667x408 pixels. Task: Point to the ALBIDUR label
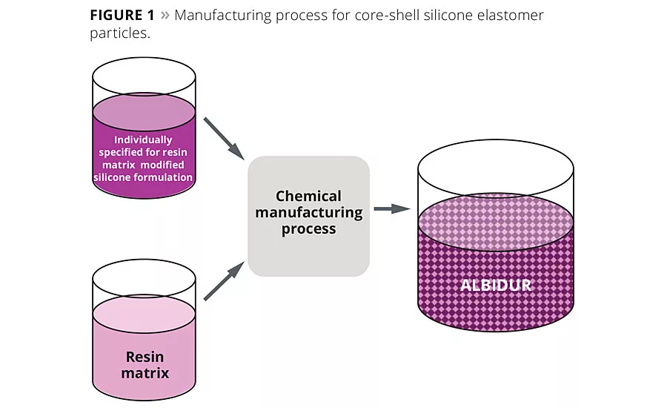point(496,285)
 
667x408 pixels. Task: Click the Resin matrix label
point(144,364)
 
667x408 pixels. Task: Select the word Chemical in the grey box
point(308,197)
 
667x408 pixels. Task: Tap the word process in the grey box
point(308,229)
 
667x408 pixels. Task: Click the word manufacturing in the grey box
point(308,213)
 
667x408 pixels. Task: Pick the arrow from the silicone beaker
point(225,137)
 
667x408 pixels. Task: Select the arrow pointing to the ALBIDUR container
point(391,208)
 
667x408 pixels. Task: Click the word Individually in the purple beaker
point(143,139)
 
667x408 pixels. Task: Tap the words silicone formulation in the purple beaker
point(143,178)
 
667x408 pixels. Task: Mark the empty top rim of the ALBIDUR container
point(496,167)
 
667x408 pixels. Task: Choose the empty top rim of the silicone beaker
point(143,74)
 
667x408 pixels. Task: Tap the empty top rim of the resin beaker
point(144,280)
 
